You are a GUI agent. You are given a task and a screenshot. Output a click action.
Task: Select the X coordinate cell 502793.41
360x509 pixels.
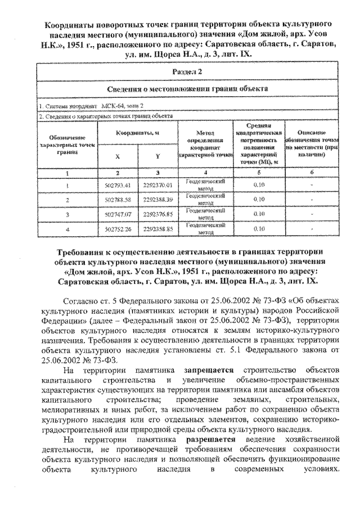[117, 184]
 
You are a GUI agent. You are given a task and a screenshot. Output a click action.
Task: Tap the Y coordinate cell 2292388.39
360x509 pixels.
[157, 199]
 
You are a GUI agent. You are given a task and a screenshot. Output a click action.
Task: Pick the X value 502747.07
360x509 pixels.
[117, 214]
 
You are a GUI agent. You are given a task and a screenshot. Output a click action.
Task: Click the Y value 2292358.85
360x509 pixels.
[157, 229]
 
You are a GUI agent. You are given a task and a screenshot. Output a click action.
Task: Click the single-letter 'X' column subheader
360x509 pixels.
[117, 155]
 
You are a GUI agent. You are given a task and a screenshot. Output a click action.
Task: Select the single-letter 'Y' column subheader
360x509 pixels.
[157, 155]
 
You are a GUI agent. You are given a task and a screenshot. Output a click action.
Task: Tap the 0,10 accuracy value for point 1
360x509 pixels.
[259, 184]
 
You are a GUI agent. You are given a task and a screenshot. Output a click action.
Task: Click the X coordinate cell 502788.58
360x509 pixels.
[117, 199]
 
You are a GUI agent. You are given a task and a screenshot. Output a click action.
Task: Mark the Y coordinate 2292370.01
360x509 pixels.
[157, 184]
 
